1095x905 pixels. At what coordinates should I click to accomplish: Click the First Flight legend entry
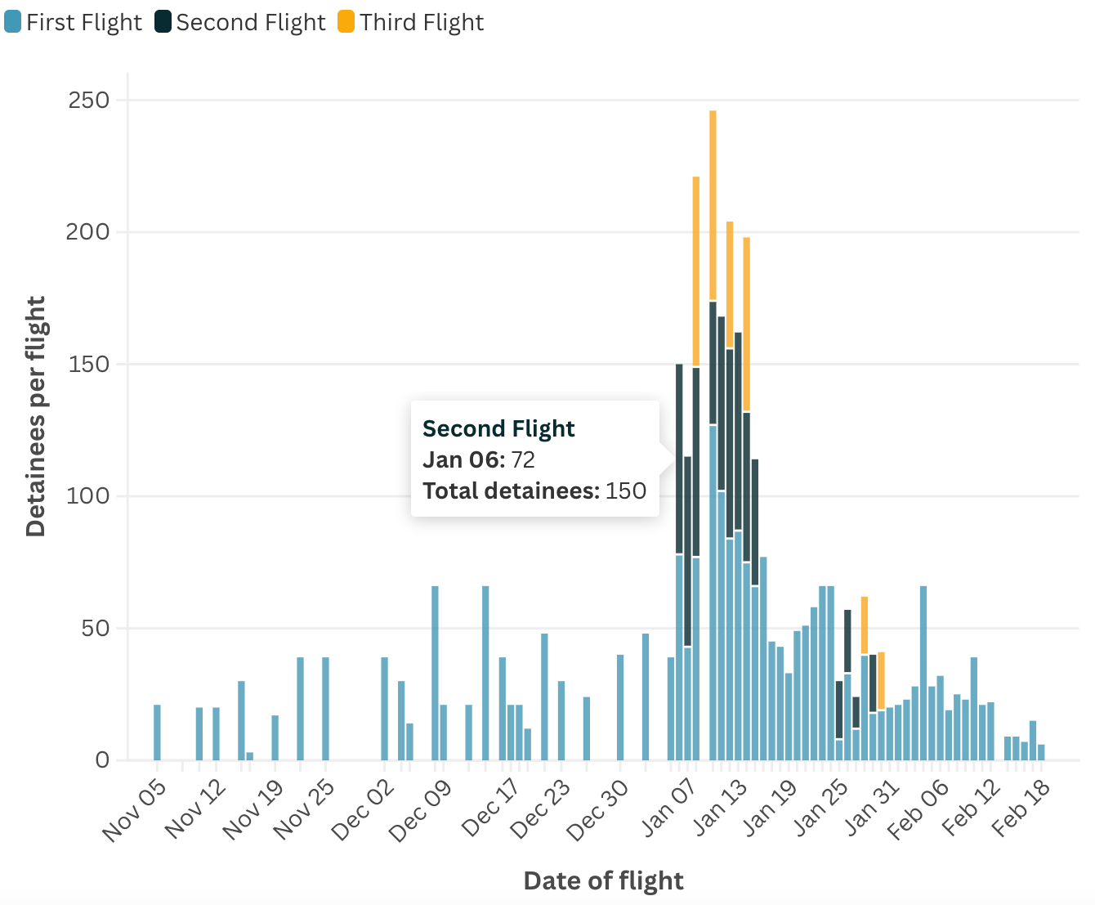tap(74, 22)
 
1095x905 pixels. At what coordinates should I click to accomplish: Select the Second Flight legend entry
tap(240, 22)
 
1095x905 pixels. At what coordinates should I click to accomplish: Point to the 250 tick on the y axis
tap(89, 101)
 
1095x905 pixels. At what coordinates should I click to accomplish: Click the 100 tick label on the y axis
tap(89, 496)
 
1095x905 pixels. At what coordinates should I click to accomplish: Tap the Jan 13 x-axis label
tap(721, 807)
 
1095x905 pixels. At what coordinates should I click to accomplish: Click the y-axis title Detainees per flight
tap(36, 417)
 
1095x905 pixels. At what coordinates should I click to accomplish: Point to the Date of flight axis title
tap(603, 880)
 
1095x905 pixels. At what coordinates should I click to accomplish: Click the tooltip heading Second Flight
tap(498, 428)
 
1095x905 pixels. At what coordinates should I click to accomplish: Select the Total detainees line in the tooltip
tap(534, 491)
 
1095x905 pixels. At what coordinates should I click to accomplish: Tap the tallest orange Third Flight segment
tap(713, 205)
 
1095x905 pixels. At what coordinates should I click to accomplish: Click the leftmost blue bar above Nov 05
tap(157, 733)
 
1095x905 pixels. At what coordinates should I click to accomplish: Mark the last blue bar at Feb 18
tap(1041, 752)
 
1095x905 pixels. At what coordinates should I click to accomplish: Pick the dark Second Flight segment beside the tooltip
tap(679, 459)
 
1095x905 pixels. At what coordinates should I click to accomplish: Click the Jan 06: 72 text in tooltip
tap(479, 459)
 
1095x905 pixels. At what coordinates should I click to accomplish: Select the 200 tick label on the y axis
tap(89, 232)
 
